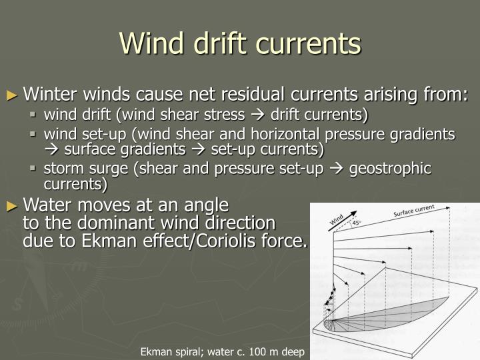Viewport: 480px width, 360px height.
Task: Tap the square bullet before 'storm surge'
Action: click(x=36, y=169)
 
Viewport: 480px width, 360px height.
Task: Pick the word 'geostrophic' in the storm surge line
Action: click(x=396, y=168)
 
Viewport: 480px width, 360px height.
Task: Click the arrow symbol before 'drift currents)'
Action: click(x=259, y=115)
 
